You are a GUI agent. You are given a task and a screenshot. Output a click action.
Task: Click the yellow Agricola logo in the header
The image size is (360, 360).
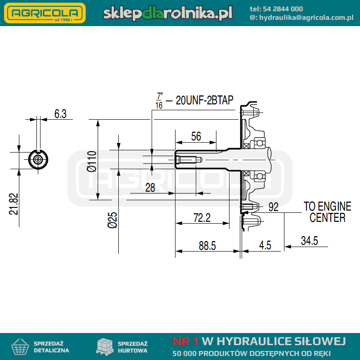(x=45, y=13)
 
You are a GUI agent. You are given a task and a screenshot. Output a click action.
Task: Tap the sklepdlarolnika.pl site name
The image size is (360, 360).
(x=168, y=13)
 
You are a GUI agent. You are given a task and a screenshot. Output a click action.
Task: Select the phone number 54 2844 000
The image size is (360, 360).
(x=283, y=9)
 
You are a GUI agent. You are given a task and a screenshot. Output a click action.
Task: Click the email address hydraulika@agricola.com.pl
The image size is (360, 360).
(x=306, y=18)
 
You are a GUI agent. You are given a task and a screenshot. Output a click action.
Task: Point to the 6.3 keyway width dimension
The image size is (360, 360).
(x=60, y=114)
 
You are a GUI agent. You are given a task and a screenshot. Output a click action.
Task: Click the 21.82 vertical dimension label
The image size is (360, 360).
(x=13, y=204)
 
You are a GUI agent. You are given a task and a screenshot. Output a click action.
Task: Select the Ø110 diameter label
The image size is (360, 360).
(x=92, y=161)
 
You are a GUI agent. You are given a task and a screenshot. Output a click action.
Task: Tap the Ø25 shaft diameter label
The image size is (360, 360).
(x=112, y=220)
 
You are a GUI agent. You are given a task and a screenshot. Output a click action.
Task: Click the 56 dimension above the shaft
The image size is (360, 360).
(x=196, y=136)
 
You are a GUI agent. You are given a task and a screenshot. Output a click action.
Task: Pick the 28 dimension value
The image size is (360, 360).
(x=150, y=188)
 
